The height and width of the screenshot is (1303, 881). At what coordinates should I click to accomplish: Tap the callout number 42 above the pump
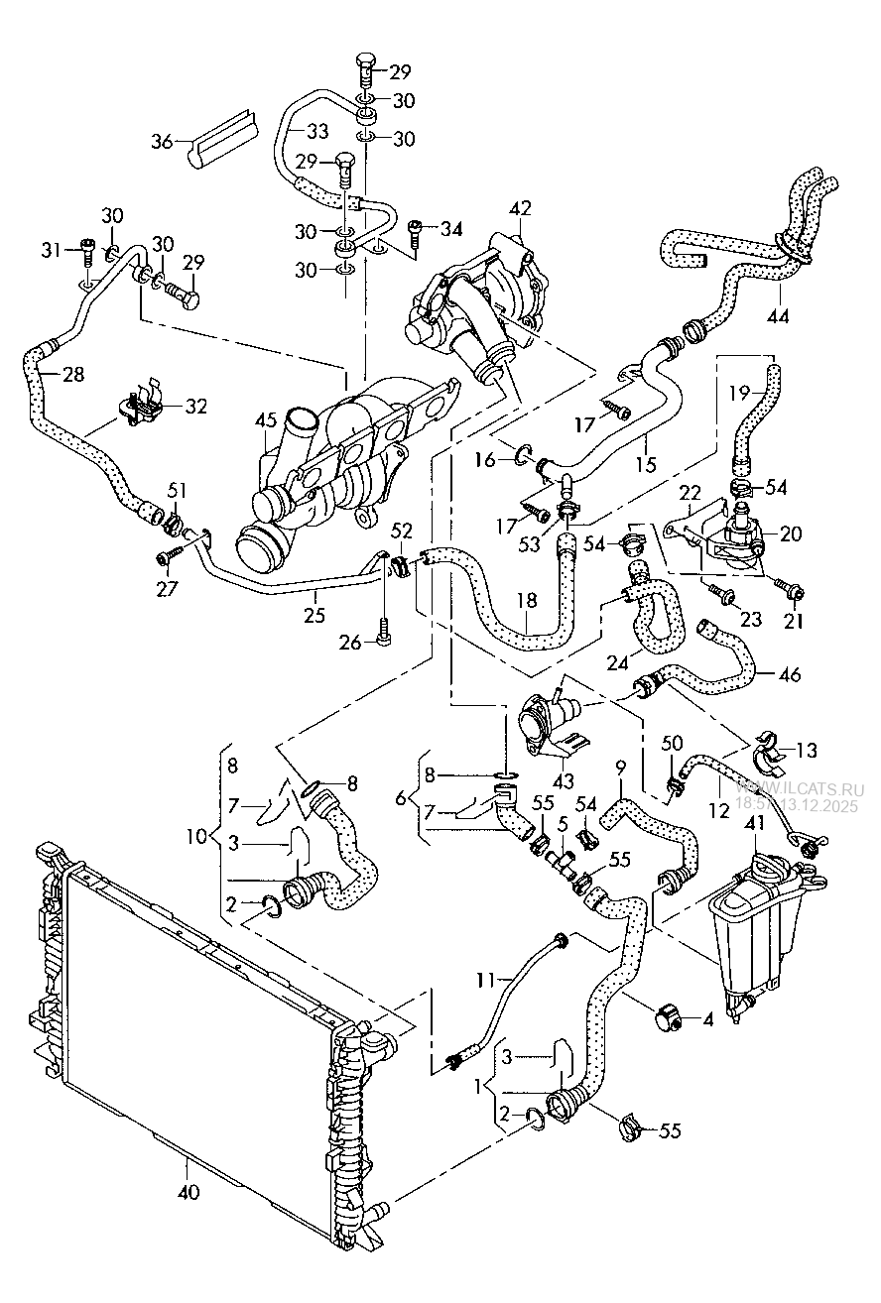tap(521, 208)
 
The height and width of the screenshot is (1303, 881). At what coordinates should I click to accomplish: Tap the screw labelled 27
tap(165, 557)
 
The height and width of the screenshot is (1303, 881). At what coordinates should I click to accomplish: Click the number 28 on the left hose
tap(72, 375)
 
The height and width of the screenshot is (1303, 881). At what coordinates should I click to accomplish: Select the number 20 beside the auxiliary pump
tap(791, 533)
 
